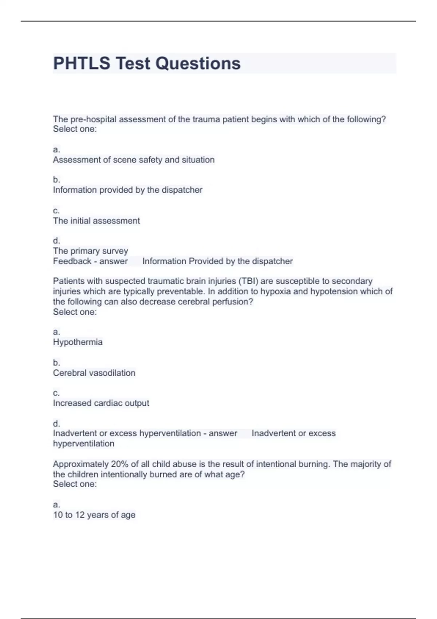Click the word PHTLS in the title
pyautogui.click(x=82, y=63)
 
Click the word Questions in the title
pyautogui.click(x=198, y=63)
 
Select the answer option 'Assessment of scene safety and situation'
pyautogui.click(x=134, y=160)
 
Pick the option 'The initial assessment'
pyautogui.click(x=96, y=221)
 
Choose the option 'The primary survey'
pyautogui.click(x=90, y=251)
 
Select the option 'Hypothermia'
pyautogui.click(x=78, y=342)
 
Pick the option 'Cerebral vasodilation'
pyautogui.click(x=94, y=373)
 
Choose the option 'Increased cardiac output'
pyautogui.click(x=101, y=403)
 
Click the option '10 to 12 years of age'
pyautogui.click(x=94, y=515)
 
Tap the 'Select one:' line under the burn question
pyautogui.click(x=75, y=484)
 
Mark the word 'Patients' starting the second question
pyautogui.click(x=70, y=281)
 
